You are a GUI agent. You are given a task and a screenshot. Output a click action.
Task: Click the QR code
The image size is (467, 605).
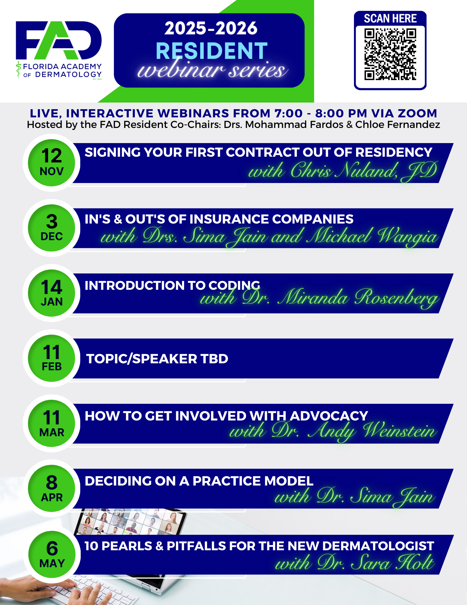coord(390,54)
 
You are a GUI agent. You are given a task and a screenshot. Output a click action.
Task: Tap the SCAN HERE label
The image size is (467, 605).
coord(390,18)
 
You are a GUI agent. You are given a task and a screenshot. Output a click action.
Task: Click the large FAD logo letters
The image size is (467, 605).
coord(59,40)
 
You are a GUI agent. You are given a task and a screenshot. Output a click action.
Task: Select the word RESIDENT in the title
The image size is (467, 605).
coord(212,51)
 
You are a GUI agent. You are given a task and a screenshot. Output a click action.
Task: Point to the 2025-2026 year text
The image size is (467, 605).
coord(211,28)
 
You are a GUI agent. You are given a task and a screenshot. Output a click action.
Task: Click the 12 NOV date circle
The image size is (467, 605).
coord(52,163)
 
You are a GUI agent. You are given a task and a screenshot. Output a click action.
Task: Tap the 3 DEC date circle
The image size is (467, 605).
coord(52,228)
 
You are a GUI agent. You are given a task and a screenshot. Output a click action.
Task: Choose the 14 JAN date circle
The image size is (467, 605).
coord(52,293)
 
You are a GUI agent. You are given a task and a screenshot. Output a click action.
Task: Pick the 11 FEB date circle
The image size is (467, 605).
coord(52,358)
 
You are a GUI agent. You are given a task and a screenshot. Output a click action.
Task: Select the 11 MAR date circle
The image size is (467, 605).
coord(52,423)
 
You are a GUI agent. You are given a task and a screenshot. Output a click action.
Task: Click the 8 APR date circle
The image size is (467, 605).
coord(52,488)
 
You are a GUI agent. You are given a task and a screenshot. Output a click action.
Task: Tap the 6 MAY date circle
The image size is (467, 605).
coord(52,554)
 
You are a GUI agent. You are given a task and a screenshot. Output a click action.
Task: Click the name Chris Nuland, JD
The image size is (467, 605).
coord(364,171)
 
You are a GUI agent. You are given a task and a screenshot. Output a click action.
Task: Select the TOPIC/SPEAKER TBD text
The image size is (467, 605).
coord(157,359)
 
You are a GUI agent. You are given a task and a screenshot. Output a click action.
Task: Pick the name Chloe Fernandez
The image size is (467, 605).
coord(397,125)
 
